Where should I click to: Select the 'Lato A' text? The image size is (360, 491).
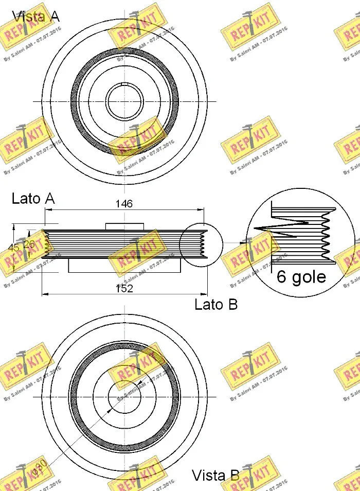33,199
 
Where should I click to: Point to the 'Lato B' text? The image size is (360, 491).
216,305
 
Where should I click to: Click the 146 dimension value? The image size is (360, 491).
123,204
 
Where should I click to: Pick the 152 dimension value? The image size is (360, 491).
123,288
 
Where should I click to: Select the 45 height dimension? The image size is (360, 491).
14,248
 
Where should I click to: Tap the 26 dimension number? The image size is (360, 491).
29,245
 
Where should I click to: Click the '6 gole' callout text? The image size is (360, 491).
301,277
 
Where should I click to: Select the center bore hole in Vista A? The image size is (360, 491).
124,100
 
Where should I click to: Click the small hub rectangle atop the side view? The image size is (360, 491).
124,226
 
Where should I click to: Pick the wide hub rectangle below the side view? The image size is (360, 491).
124,265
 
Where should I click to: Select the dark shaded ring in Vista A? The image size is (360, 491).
75,101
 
